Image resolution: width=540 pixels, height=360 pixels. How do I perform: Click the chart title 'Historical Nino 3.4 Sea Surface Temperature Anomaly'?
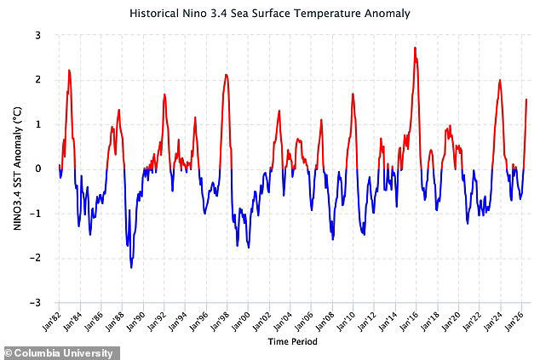tap(270, 14)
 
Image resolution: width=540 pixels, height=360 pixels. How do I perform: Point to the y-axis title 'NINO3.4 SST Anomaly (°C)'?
tap(17, 169)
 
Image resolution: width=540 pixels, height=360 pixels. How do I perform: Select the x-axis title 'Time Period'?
tap(292, 342)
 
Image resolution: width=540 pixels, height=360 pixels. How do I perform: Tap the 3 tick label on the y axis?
tap(37, 36)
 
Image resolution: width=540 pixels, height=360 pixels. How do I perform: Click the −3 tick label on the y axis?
tap(35, 303)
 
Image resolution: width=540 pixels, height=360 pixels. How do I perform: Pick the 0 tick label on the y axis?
tap(37, 169)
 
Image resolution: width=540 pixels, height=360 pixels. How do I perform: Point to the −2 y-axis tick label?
tap(35, 258)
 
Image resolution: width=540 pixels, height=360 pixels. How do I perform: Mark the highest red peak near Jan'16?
tap(416, 48)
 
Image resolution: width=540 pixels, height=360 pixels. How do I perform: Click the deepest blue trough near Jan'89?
tap(131, 267)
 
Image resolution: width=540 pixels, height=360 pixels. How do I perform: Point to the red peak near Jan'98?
tap(226, 75)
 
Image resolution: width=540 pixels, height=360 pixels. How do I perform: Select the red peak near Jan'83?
tap(69, 70)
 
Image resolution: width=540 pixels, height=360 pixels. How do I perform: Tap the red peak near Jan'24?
tap(500, 80)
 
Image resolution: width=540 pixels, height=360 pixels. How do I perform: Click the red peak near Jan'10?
tap(353, 94)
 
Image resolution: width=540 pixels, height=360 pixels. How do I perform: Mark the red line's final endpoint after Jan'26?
tap(526, 100)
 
